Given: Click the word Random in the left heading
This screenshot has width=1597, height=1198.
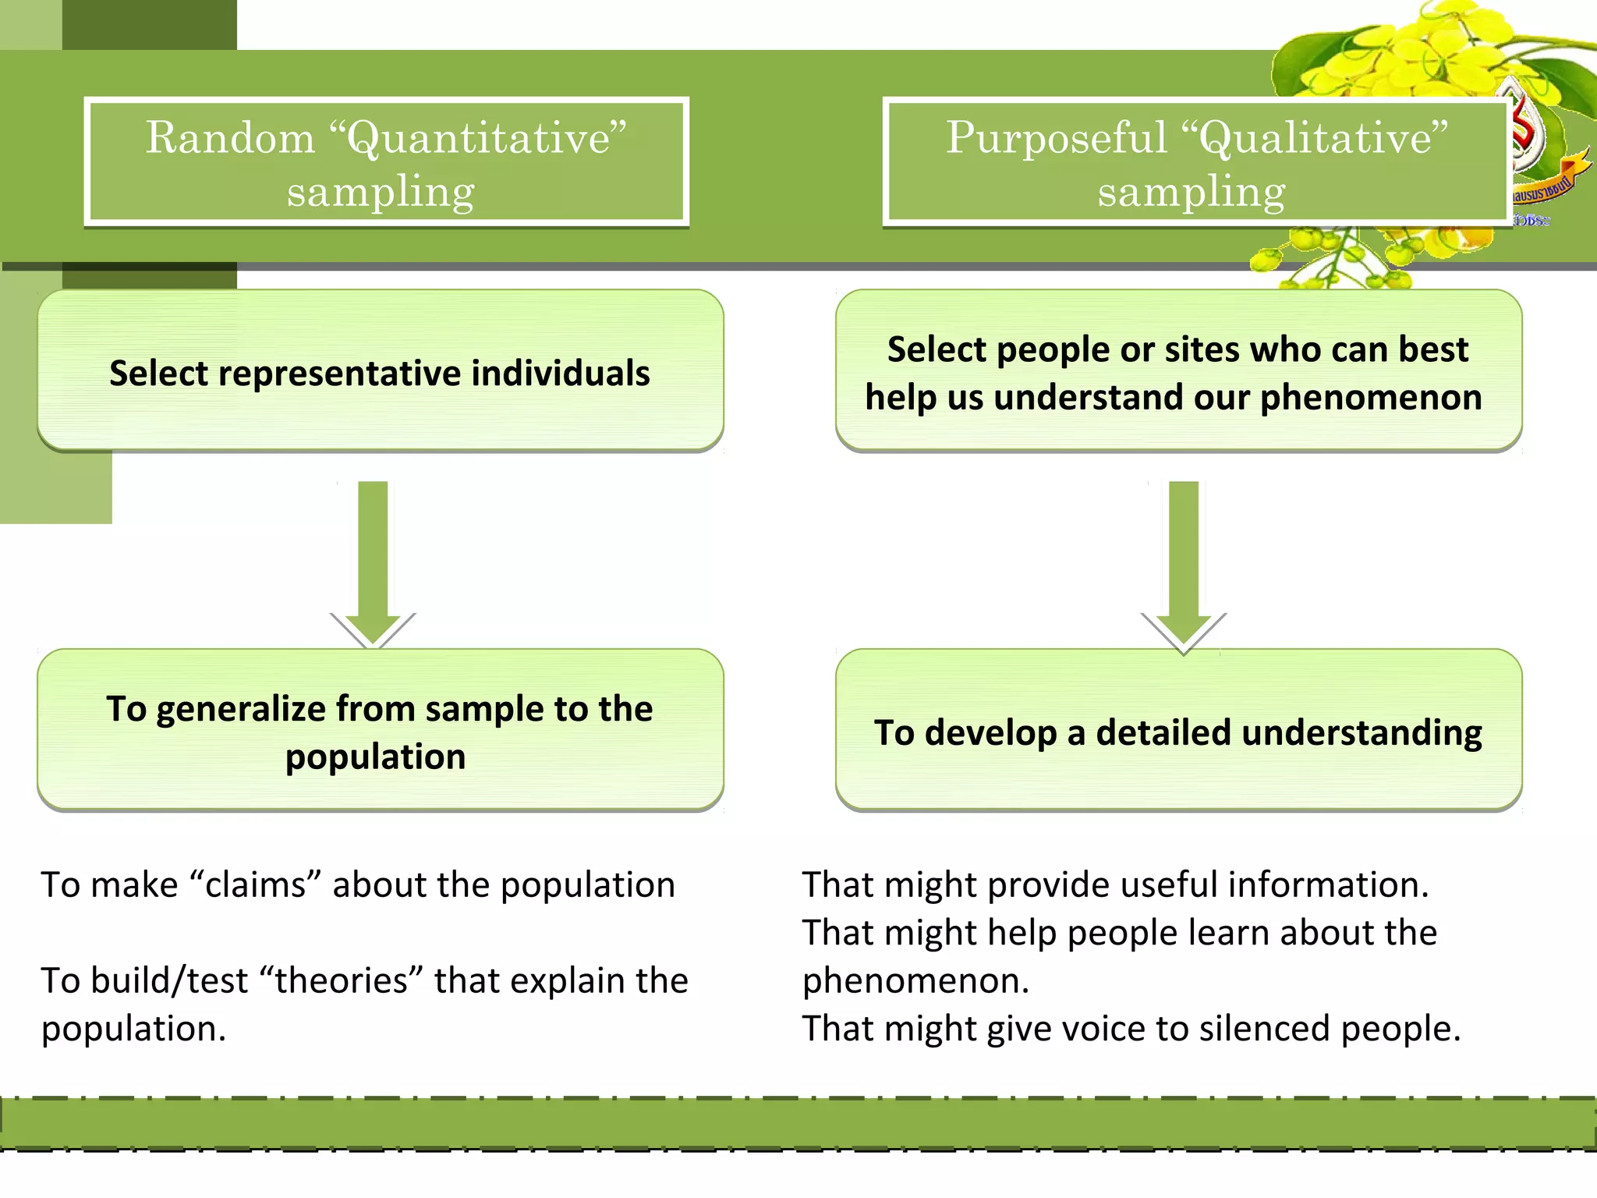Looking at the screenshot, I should [x=230, y=138].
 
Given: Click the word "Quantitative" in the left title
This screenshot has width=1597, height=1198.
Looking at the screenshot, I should [x=478, y=138].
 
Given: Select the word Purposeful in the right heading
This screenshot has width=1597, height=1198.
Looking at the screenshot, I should [x=1056, y=138].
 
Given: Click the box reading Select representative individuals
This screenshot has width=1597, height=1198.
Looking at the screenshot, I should [x=380, y=372].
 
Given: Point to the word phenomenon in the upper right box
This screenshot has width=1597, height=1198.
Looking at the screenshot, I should [x=1371, y=398].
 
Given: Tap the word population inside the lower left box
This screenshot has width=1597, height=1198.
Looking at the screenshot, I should [x=375, y=757].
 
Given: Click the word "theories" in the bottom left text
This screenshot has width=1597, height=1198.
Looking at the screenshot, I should [x=341, y=981].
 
